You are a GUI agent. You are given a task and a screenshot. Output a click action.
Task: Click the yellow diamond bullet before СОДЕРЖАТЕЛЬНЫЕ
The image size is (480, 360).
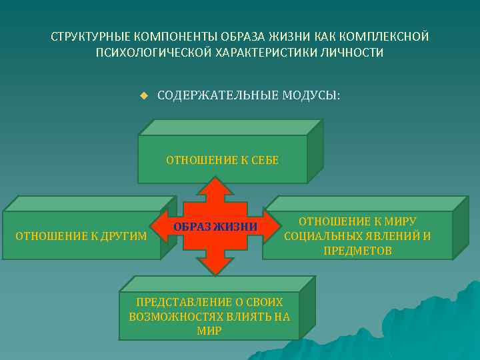(143, 95)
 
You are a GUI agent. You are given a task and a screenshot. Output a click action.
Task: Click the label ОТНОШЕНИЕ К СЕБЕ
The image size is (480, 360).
(222, 160)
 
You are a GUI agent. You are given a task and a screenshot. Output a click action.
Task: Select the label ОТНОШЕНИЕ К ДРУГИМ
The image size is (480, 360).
(81, 235)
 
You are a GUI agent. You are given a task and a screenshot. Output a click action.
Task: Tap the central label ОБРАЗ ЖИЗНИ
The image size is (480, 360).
(215, 227)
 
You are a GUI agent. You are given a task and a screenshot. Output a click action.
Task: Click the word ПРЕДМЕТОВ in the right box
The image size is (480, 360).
(357, 251)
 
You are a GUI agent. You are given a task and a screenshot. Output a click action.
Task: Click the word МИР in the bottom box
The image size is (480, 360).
(209, 331)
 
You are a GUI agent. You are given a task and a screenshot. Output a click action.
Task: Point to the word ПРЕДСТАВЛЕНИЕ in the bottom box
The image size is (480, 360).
(177, 301)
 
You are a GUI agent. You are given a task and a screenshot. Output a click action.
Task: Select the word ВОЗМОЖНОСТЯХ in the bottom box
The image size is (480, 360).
(171, 316)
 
